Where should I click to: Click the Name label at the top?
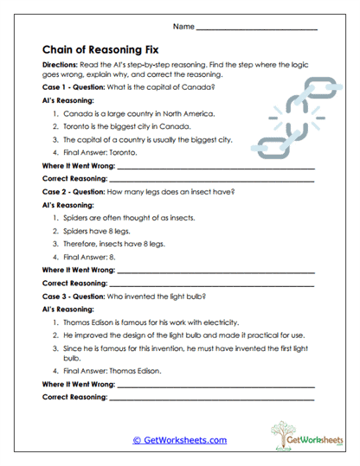(183, 28)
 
